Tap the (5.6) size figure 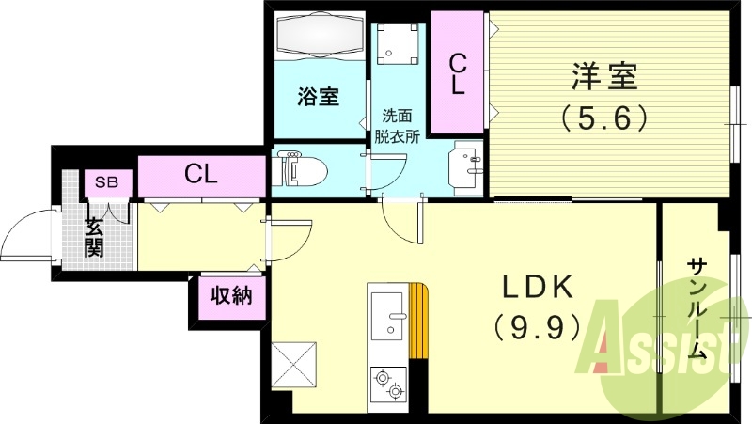603,118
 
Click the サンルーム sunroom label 697,309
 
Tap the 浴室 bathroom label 319,97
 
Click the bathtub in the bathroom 319,39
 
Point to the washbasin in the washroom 467,167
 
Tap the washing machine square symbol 398,42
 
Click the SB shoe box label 105,182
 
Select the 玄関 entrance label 95,237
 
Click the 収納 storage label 231,297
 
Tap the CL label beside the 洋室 458,74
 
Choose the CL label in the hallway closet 201,174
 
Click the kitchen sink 388,315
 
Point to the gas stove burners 388,384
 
